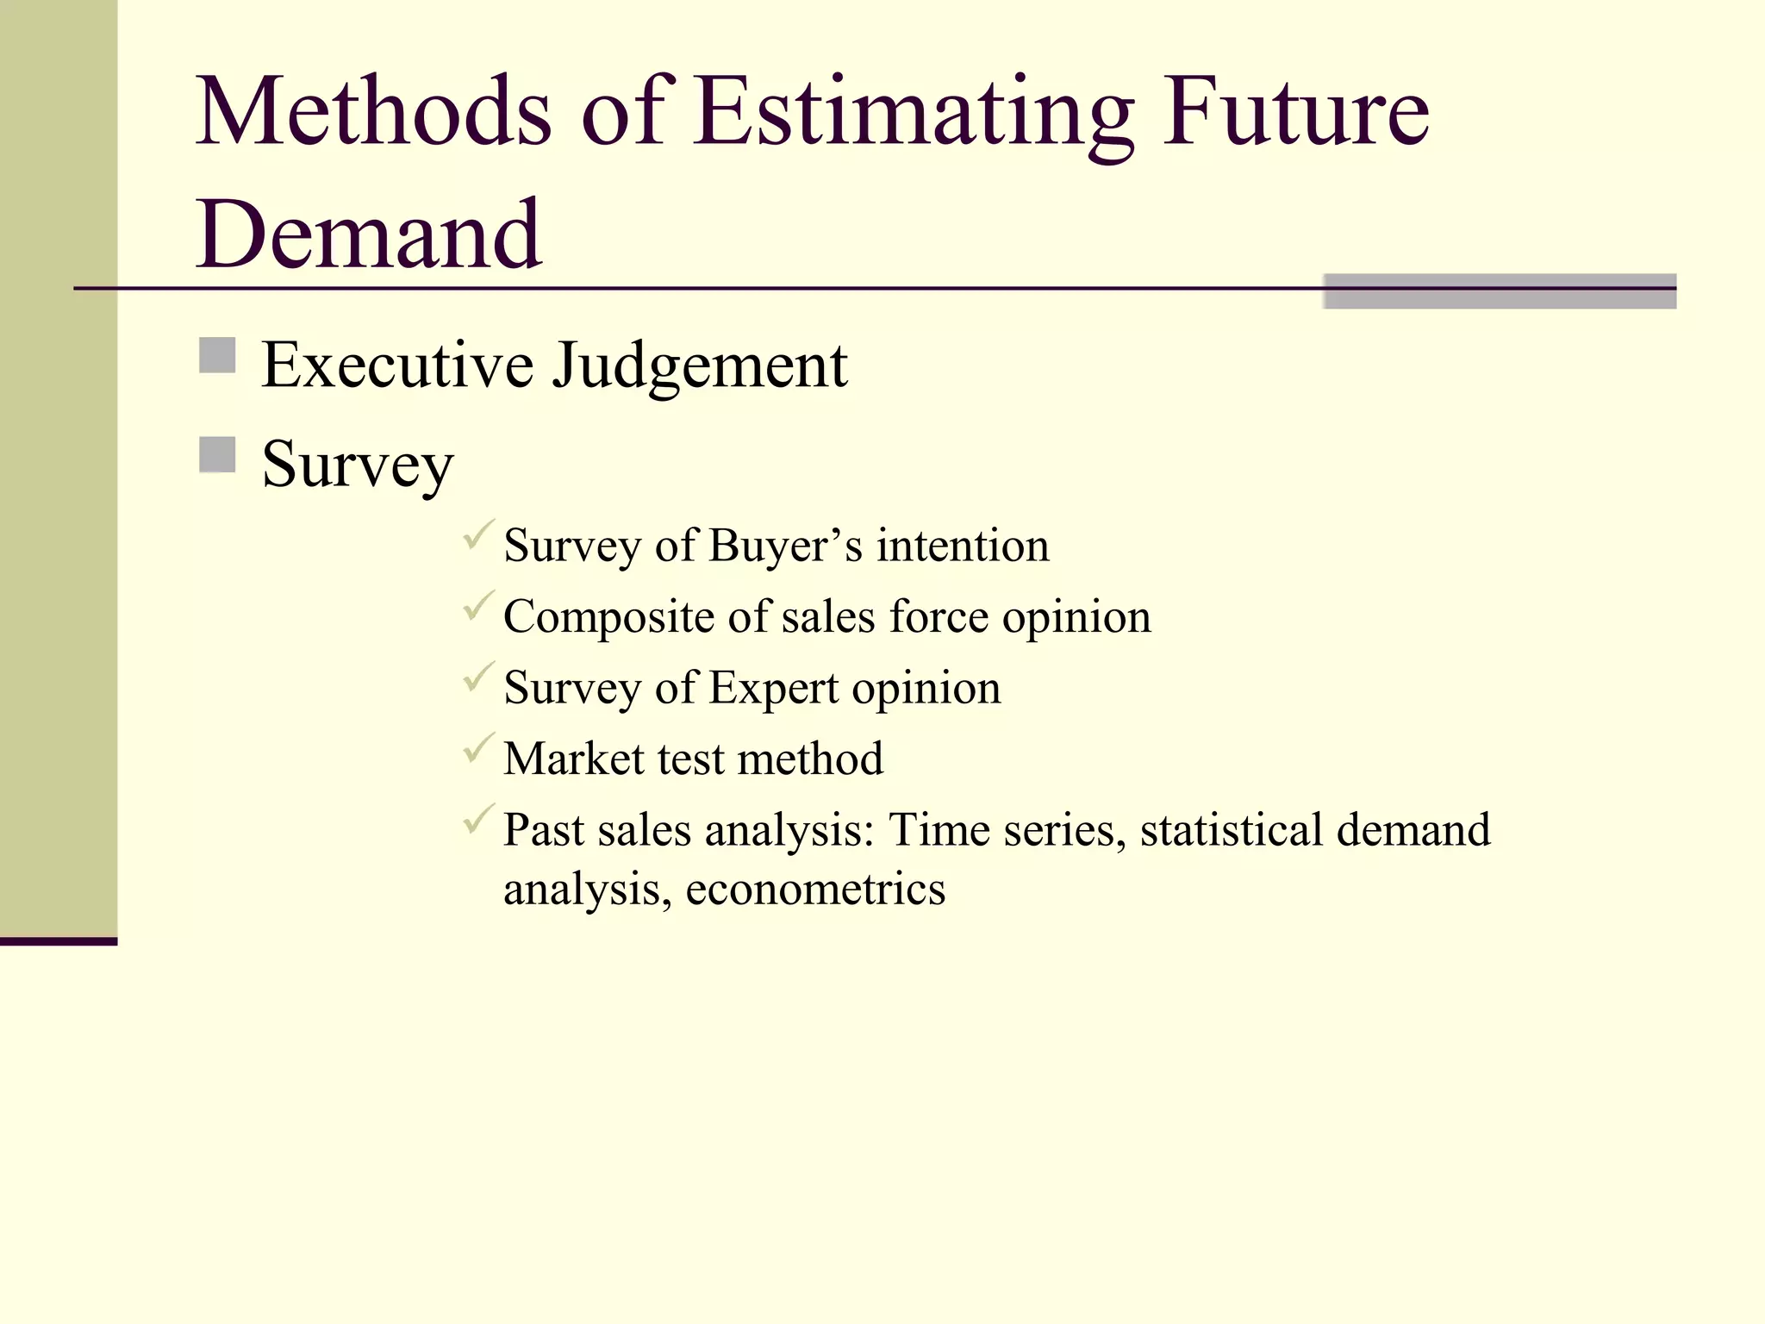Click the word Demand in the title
tap(369, 234)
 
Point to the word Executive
tap(397, 365)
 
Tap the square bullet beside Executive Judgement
tap(217, 355)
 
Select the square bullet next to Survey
tap(217, 455)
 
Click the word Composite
tap(608, 618)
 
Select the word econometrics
tap(815, 890)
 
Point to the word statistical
tap(1231, 830)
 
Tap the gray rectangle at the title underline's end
tap(1500, 291)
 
